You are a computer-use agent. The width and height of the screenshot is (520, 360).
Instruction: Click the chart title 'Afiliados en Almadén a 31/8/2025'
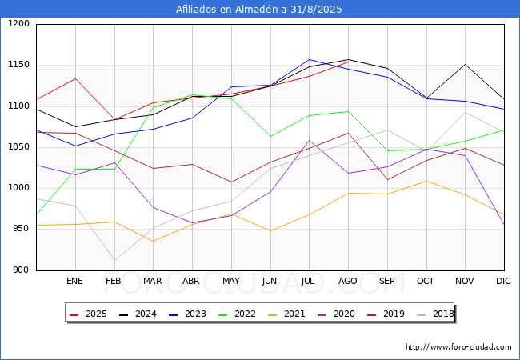[260, 10]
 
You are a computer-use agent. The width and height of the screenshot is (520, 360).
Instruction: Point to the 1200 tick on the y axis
[18, 24]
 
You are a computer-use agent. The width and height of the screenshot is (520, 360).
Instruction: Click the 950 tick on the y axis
[21, 229]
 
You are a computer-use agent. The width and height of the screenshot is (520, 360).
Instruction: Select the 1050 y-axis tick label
[18, 147]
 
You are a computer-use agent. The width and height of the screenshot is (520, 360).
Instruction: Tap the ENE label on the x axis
[74, 282]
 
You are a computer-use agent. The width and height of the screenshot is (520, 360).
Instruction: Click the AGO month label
[348, 282]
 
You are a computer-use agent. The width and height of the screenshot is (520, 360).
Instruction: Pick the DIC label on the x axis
[503, 282]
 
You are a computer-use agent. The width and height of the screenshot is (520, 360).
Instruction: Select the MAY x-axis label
[230, 282]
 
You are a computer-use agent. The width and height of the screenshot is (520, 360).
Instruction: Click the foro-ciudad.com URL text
[458, 347]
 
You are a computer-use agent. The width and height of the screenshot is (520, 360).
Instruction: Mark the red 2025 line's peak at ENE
[74, 78]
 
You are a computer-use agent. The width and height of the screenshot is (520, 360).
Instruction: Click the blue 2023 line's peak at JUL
[309, 59]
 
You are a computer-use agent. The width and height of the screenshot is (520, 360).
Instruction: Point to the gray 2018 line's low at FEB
[114, 260]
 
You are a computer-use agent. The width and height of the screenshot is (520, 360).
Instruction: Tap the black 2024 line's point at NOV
[465, 64]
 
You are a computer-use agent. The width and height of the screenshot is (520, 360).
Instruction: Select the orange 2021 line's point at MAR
[153, 241]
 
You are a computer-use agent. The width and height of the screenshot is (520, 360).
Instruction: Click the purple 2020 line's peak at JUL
[309, 141]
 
